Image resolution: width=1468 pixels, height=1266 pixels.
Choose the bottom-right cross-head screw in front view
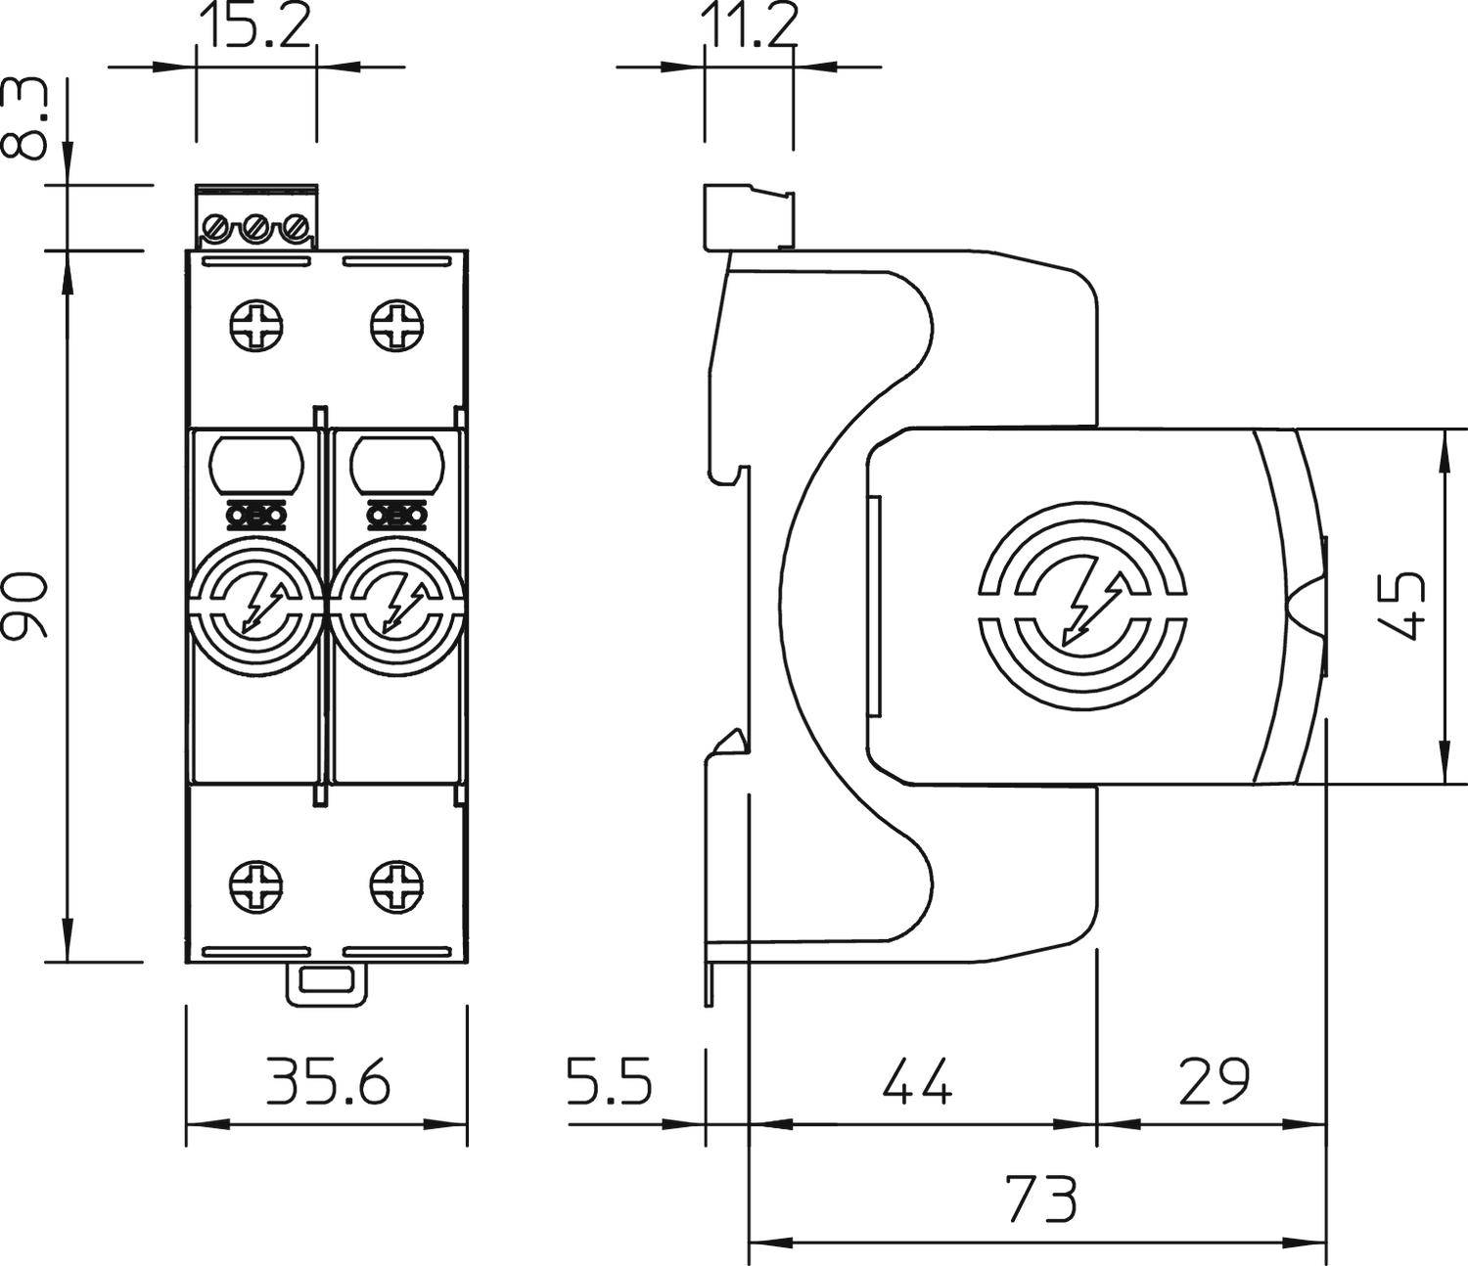tap(397, 887)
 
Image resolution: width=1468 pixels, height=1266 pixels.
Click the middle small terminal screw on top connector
tap(255, 230)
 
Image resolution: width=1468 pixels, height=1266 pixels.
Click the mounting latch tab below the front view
tap(327, 982)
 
